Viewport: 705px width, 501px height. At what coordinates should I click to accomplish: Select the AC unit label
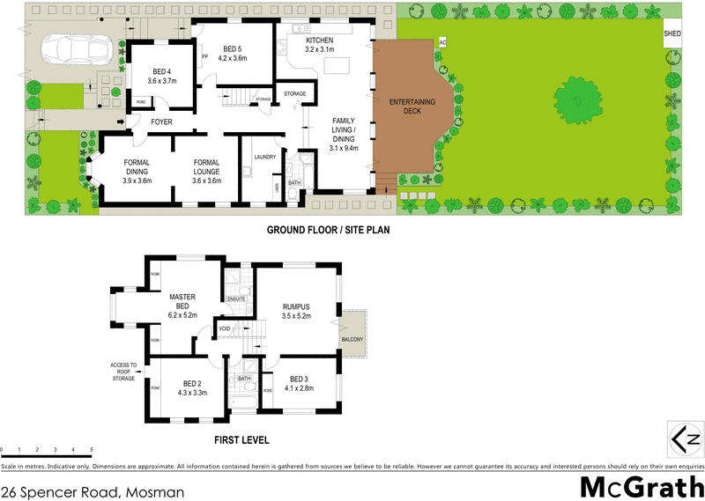point(442,42)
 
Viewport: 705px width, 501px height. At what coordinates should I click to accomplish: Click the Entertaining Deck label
point(406,107)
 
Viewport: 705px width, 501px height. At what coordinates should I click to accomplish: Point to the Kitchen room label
point(320,41)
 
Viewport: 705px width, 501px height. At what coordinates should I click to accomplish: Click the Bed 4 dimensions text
point(162,81)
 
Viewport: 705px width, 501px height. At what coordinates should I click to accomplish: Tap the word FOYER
point(161,122)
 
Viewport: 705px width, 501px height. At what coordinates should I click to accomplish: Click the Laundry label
point(265,157)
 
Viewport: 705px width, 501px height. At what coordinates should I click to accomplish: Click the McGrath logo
point(641,486)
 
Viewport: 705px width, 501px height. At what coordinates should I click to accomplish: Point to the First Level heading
point(242,440)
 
